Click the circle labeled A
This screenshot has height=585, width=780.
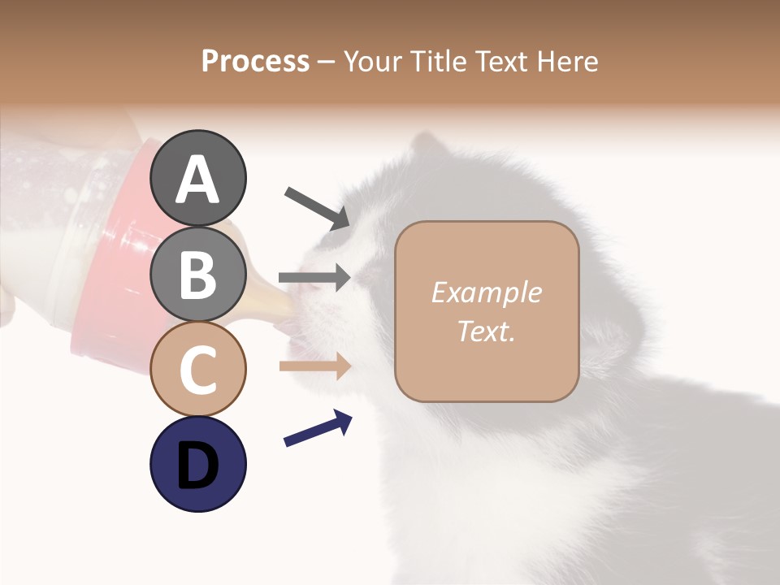coord(197,178)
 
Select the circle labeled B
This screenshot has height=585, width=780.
coord(197,274)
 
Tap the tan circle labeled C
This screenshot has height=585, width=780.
coord(197,369)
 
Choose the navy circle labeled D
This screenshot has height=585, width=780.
coord(197,464)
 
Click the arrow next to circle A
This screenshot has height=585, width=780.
coord(317,206)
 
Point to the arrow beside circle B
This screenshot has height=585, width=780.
coord(314,278)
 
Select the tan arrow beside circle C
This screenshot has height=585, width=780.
coord(314,366)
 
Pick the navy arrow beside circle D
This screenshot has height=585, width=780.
coord(318,429)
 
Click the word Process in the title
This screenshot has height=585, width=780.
coord(255,62)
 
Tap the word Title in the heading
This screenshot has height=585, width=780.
coord(436,62)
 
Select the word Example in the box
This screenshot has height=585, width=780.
coord(486,292)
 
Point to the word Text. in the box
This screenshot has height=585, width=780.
coord(486,331)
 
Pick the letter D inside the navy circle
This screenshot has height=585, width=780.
coord(197,466)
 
